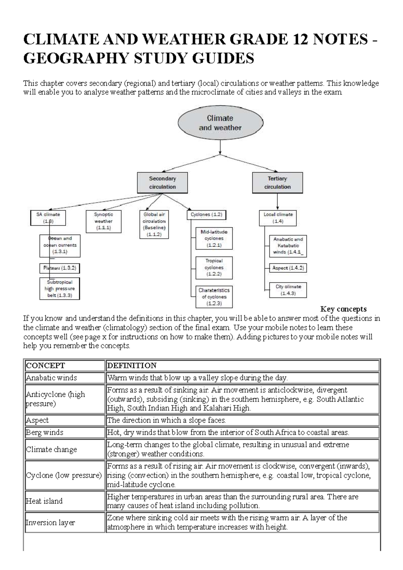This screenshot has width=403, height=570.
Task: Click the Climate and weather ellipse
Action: click(220, 123)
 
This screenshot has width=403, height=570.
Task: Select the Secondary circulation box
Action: click(162, 183)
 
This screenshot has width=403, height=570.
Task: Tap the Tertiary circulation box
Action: click(277, 183)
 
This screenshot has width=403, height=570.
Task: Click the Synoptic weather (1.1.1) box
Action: click(103, 221)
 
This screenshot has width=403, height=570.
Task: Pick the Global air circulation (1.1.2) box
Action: click(154, 224)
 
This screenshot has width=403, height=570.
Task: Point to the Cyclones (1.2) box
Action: click(206, 215)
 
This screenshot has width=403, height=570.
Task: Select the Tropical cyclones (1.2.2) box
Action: click(214, 268)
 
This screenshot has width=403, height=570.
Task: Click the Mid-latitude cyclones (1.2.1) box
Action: click(214, 238)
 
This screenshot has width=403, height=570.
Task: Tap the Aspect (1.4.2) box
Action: click(288, 268)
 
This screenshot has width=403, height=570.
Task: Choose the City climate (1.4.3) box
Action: click(288, 290)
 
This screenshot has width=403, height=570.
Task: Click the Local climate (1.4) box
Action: click(278, 218)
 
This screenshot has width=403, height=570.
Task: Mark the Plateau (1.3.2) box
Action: click(60, 268)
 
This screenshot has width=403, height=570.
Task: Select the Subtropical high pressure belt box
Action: click(60, 289)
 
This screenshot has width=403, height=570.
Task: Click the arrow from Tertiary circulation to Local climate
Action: click(277, 202)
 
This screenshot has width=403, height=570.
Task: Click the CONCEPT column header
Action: click(65, 366)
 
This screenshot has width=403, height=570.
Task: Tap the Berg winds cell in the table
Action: click(65, 432)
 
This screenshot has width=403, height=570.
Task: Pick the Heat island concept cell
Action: click(65, 501)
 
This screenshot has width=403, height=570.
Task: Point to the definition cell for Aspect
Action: click(242, 420)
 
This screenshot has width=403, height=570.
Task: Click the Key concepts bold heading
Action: click(343, 309)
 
